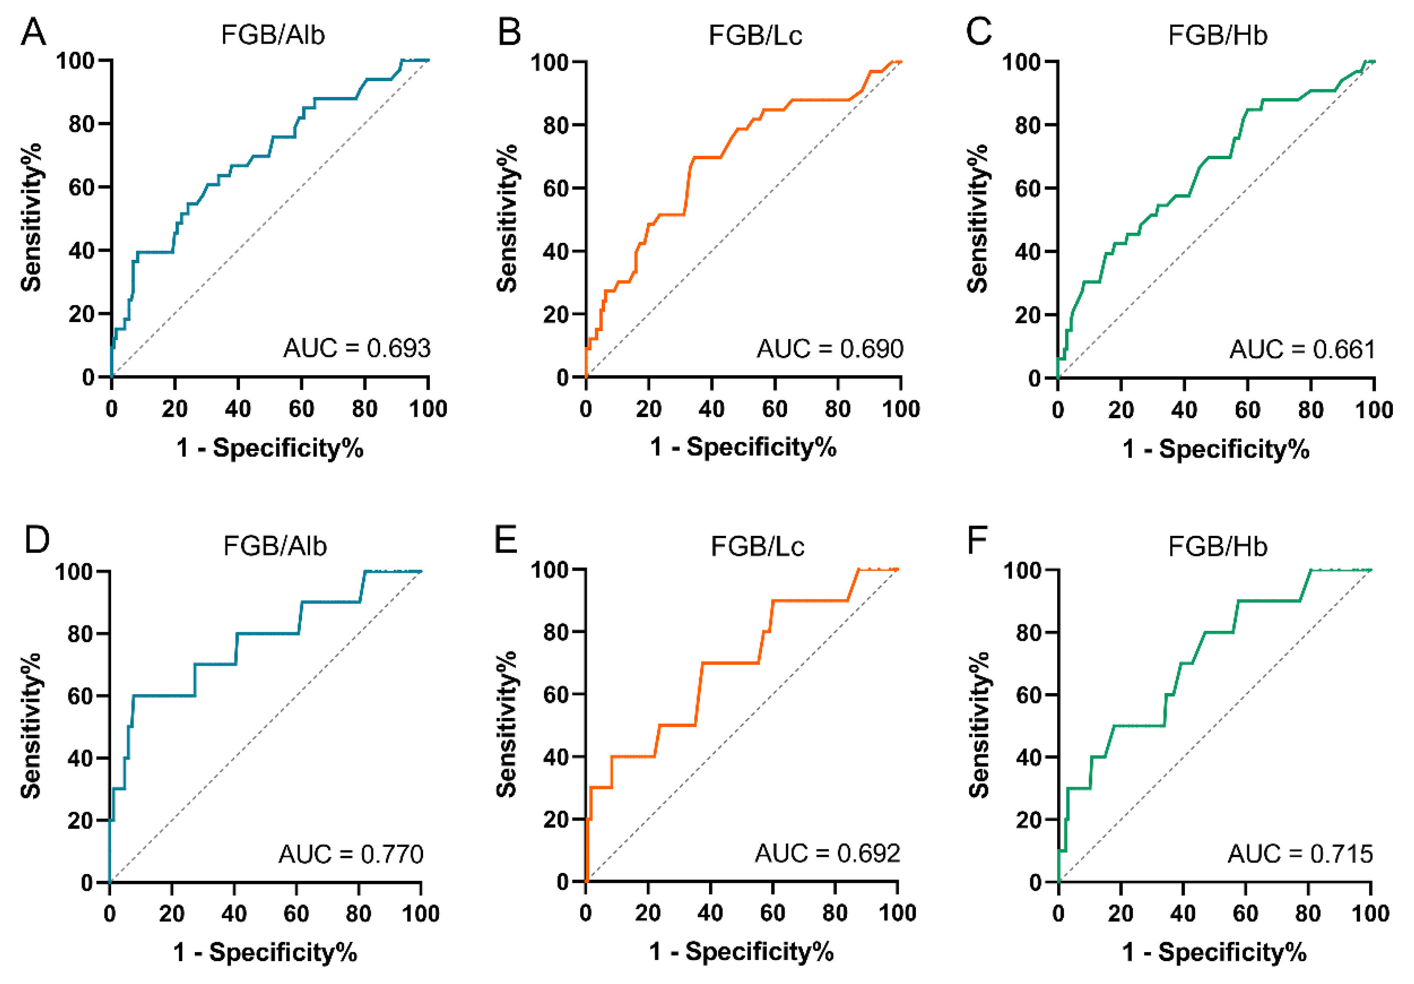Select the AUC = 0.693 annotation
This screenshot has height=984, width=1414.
[x=356, y=349]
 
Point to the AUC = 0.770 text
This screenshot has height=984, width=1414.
[x=351, y=854]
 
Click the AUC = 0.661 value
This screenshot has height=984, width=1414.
[x=1303, y=350]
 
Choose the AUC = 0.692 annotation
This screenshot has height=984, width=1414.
[x=828, y=853]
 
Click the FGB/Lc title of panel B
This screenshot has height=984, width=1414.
[x=755, y=36]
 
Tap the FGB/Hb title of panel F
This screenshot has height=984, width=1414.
[x=1218, y=547]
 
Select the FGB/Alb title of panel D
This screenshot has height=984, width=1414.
[x=275, y=546]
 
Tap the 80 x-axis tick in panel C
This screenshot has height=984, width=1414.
[x=1310, y=410]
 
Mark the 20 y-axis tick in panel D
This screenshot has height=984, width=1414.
[x=80, y=821]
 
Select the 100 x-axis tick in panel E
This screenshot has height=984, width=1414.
[x=897, y=913]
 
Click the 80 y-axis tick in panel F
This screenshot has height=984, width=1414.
[x=1029, y=633]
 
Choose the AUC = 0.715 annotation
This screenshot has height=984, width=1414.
[x=1300, y=854]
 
